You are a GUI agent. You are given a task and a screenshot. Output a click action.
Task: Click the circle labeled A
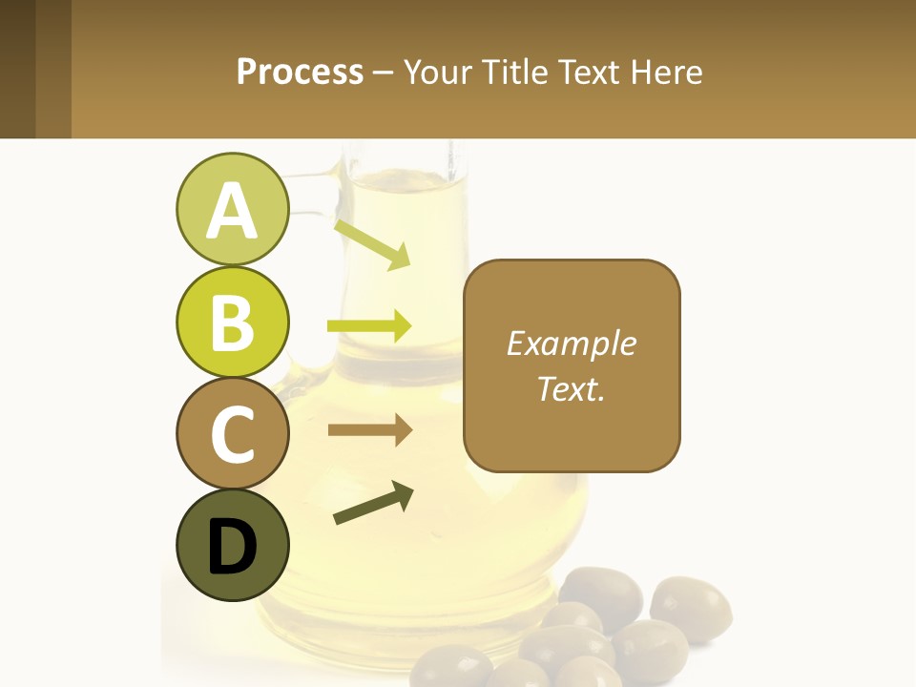tap(232, 210)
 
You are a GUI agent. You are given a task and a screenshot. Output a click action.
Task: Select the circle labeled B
tap(232, 322)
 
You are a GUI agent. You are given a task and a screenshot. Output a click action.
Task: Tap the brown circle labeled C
tap(232, 433)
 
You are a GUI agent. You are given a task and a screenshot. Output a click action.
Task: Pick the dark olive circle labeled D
tap(232, 545)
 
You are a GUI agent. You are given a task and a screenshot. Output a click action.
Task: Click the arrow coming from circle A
tap(372, 244)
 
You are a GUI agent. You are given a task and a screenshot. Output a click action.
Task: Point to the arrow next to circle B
tap(369, 325)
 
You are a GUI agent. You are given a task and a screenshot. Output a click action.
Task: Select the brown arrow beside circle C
tap(369, 430)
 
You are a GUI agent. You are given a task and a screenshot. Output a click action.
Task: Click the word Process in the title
tap(300, 72)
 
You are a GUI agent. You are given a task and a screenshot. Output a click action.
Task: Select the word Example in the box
tap(571, 343)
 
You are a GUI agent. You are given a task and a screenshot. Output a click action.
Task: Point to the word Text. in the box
tap(571, 388)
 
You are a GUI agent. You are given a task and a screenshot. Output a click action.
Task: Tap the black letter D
tap(232, 547)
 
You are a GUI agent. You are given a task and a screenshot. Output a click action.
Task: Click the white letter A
tap(232, 211)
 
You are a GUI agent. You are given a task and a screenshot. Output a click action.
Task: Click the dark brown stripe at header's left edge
tap(17, 69)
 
